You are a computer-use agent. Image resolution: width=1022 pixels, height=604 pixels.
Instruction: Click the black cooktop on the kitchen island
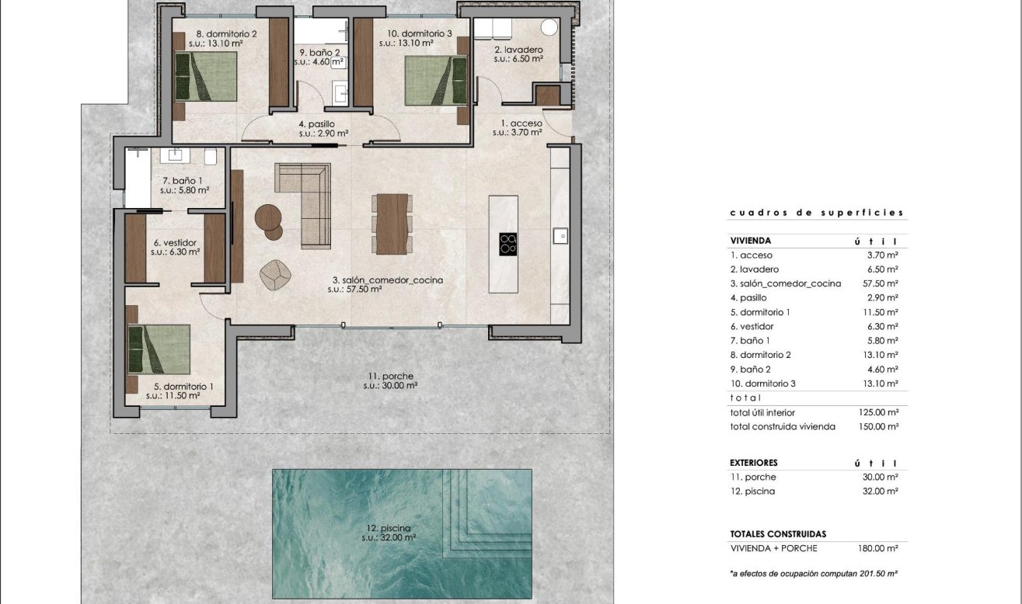point(508,244)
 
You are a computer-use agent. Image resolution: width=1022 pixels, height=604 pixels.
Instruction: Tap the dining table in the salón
point(392,223)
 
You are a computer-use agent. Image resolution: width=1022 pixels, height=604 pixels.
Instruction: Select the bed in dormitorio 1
point(159,349)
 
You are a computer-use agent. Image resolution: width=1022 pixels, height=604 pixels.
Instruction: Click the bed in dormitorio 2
point(206,76)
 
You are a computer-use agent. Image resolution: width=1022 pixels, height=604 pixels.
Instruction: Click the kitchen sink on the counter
point(558,234)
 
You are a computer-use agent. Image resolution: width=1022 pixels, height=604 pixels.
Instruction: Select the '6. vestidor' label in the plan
point(175,242)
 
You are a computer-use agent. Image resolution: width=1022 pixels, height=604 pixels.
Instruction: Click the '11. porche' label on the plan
point(391,377)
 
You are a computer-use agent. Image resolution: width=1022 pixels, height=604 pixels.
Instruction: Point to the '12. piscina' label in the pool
point(390,529)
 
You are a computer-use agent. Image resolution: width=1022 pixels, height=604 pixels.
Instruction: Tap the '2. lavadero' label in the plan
point(518,50)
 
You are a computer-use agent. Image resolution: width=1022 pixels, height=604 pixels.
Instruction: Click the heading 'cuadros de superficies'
point(817,212)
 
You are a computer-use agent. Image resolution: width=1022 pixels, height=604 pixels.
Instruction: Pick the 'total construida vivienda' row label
point(783,426)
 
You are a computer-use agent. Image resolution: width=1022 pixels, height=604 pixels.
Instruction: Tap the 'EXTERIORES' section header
point(753,463)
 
